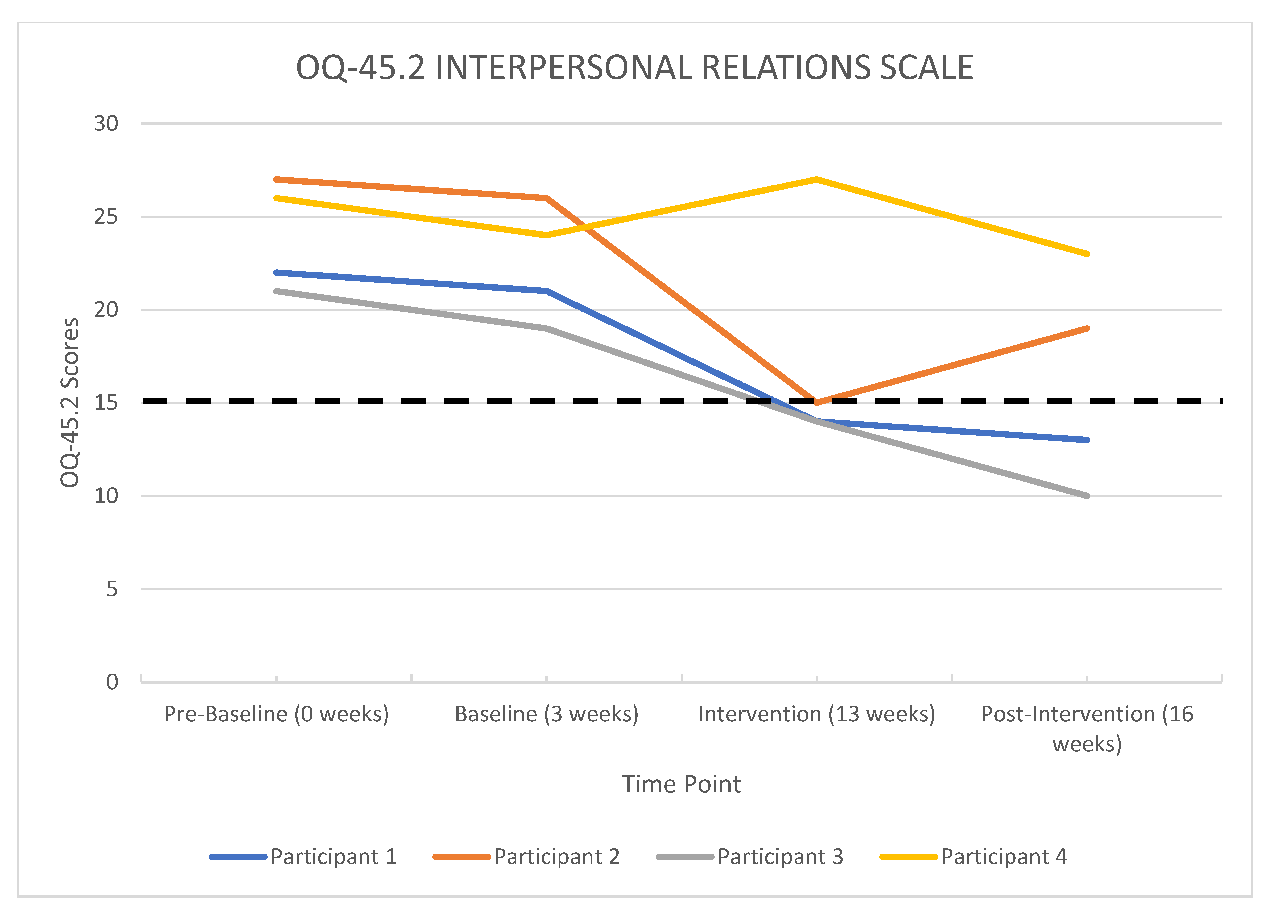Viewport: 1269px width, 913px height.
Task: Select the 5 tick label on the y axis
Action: (x=112, y=589)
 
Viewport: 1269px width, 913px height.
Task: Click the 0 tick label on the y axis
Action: (x=112, y=682)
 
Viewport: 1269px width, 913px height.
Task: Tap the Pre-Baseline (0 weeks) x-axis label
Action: (x=276, y=714)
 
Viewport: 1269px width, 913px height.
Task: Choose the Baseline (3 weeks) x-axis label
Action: (x=547, y=714)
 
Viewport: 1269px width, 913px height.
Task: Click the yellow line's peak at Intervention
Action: (x=817, y=180)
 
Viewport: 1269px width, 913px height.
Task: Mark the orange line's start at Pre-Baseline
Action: (x=276, y=180)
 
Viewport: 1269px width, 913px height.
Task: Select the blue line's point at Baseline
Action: (x=547, y=291)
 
